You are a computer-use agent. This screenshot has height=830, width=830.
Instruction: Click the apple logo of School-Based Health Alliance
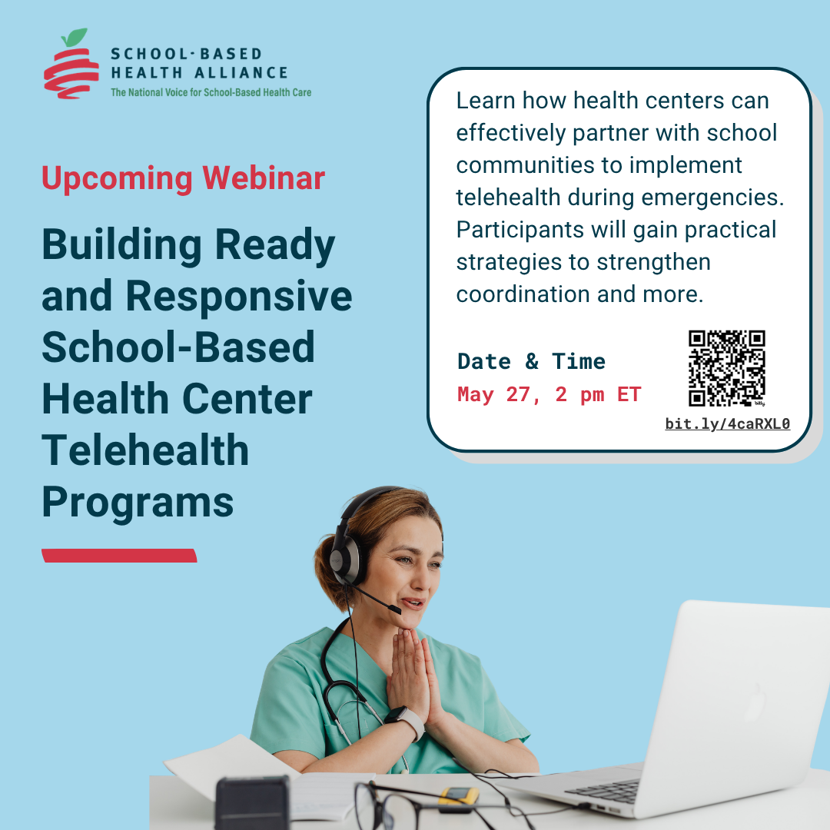71,64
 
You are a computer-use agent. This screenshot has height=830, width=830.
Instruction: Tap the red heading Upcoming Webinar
183,178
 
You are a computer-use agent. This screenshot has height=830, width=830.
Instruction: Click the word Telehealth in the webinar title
145,450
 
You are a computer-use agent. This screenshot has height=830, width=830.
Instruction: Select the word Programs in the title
138,502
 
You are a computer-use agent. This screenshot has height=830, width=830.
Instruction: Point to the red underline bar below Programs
119,556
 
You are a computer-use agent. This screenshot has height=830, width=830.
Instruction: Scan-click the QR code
727,368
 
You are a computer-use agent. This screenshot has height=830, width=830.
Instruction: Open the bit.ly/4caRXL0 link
727,424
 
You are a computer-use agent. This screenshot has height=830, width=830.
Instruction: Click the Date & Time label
532,361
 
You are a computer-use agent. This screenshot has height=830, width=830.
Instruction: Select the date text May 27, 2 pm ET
549,395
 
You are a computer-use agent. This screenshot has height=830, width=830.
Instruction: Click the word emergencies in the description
712,198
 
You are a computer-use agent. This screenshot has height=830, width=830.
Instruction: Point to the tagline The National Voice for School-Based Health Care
211,93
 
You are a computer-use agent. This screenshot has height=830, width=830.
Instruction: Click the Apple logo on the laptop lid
755,702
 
